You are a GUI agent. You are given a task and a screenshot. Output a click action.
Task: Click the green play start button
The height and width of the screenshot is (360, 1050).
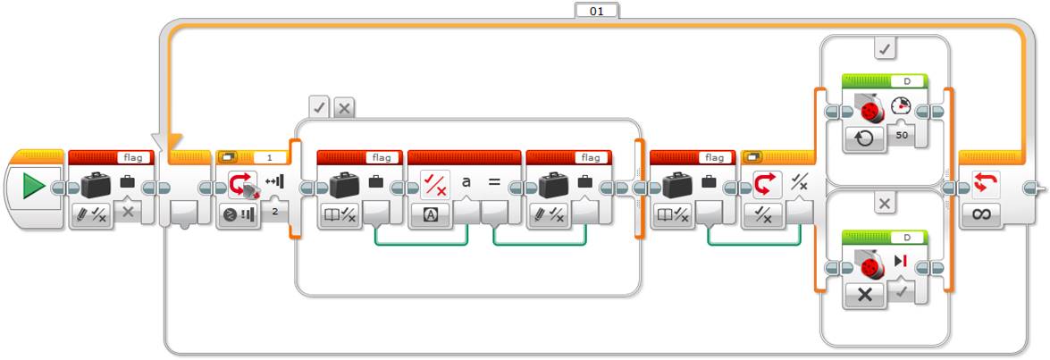pos(33,186)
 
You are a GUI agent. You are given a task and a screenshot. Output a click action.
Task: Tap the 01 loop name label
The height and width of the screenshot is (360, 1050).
pos(597,10)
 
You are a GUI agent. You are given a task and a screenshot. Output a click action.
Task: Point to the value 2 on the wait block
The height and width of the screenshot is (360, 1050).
pos(275,212)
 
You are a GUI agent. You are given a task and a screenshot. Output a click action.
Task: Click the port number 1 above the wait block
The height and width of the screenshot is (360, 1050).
pos(270,157)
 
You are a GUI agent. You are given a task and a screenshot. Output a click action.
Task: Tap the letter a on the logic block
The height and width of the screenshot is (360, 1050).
pos(466,181)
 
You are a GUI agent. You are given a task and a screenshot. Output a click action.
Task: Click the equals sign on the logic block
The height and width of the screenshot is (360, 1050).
pos(493,182)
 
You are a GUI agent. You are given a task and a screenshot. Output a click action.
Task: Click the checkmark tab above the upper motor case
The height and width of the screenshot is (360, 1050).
pos(885,49)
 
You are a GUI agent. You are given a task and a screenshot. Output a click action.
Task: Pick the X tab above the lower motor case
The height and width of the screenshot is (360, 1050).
pos(885,204)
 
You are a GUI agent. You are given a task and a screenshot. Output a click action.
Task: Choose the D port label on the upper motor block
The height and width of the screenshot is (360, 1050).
pos(906,81)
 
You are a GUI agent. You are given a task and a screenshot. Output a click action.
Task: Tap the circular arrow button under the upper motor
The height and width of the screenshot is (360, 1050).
pos(864,138)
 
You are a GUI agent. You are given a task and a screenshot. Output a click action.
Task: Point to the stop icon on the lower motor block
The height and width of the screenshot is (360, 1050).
pos(900,261)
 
